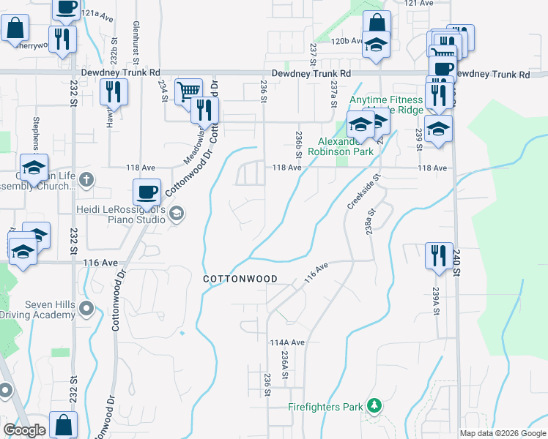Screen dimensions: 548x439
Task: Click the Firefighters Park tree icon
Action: (374, 405)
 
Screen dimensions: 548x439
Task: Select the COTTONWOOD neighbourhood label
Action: (240, 279)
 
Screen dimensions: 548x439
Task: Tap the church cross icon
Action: (86, 179)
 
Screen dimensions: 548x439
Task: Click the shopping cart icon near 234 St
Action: (188, 90)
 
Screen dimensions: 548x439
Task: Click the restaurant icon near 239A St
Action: (439, 255)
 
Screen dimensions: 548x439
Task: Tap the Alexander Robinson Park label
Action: (345, 146)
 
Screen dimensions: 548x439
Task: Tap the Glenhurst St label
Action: (136, 40)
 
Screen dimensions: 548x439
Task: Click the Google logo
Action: (24, 430)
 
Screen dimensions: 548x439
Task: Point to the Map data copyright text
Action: (503, 433)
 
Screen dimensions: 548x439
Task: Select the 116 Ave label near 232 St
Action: (100, 262)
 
